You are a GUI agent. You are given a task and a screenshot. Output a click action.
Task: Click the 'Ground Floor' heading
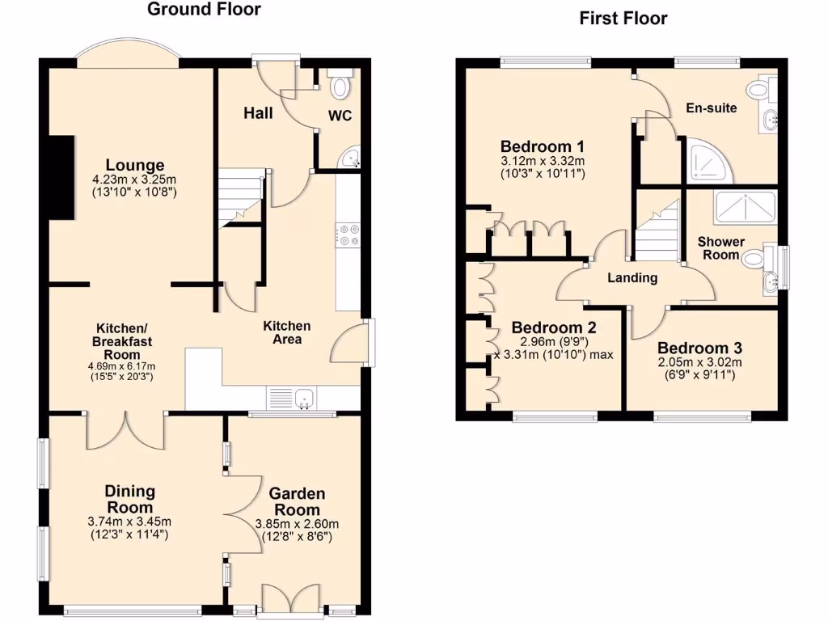pos(204,10)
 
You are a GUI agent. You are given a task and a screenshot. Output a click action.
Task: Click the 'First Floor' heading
pos(623,19)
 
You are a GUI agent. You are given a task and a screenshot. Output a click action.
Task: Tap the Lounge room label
pos(133,165)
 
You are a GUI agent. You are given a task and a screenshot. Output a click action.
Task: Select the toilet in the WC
pos(340,86)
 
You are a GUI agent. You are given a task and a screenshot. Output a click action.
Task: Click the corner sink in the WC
pos(351,159)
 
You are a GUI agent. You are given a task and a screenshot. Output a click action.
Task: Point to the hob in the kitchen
pos(350,234)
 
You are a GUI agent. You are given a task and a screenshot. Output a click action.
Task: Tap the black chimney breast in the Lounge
pos(62,177)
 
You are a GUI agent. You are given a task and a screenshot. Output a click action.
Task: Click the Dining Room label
pos(129,499)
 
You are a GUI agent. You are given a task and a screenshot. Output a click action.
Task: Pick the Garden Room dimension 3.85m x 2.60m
pos(297,523)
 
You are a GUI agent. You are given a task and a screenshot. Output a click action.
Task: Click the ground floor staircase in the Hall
pos(240,197)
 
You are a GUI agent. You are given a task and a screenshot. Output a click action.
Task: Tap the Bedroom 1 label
pos(542,146)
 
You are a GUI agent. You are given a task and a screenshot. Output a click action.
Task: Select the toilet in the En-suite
pos(760,90)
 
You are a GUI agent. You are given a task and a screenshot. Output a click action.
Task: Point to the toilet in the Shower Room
pos(753,259)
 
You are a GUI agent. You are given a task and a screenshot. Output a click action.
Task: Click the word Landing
pos(632,277)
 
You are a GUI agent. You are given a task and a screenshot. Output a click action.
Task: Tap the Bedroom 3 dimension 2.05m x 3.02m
pos(700,361)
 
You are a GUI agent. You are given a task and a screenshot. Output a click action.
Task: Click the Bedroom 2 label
pos(554,327)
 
